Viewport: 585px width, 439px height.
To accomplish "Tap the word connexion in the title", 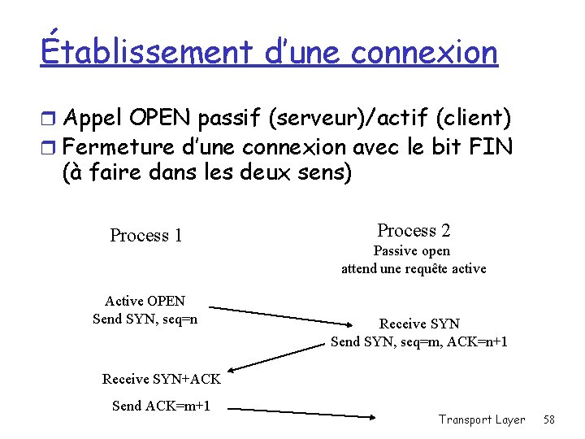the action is [424, 52].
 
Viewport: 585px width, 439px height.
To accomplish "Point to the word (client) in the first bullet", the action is [474, 119].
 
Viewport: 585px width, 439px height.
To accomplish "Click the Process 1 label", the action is [146, 236].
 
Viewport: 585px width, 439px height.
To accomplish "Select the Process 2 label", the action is [414, 230].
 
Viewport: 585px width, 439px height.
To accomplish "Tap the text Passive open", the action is [411, 251].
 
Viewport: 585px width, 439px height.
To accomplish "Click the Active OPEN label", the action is [145, 301].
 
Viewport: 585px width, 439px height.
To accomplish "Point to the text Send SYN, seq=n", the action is [145, 319].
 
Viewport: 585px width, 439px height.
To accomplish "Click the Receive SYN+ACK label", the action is [162, 378].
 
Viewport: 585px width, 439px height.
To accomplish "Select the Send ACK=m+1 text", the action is [162, 405].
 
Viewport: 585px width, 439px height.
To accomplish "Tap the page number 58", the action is [549, 419].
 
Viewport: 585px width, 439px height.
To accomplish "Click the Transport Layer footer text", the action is [482, 419].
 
